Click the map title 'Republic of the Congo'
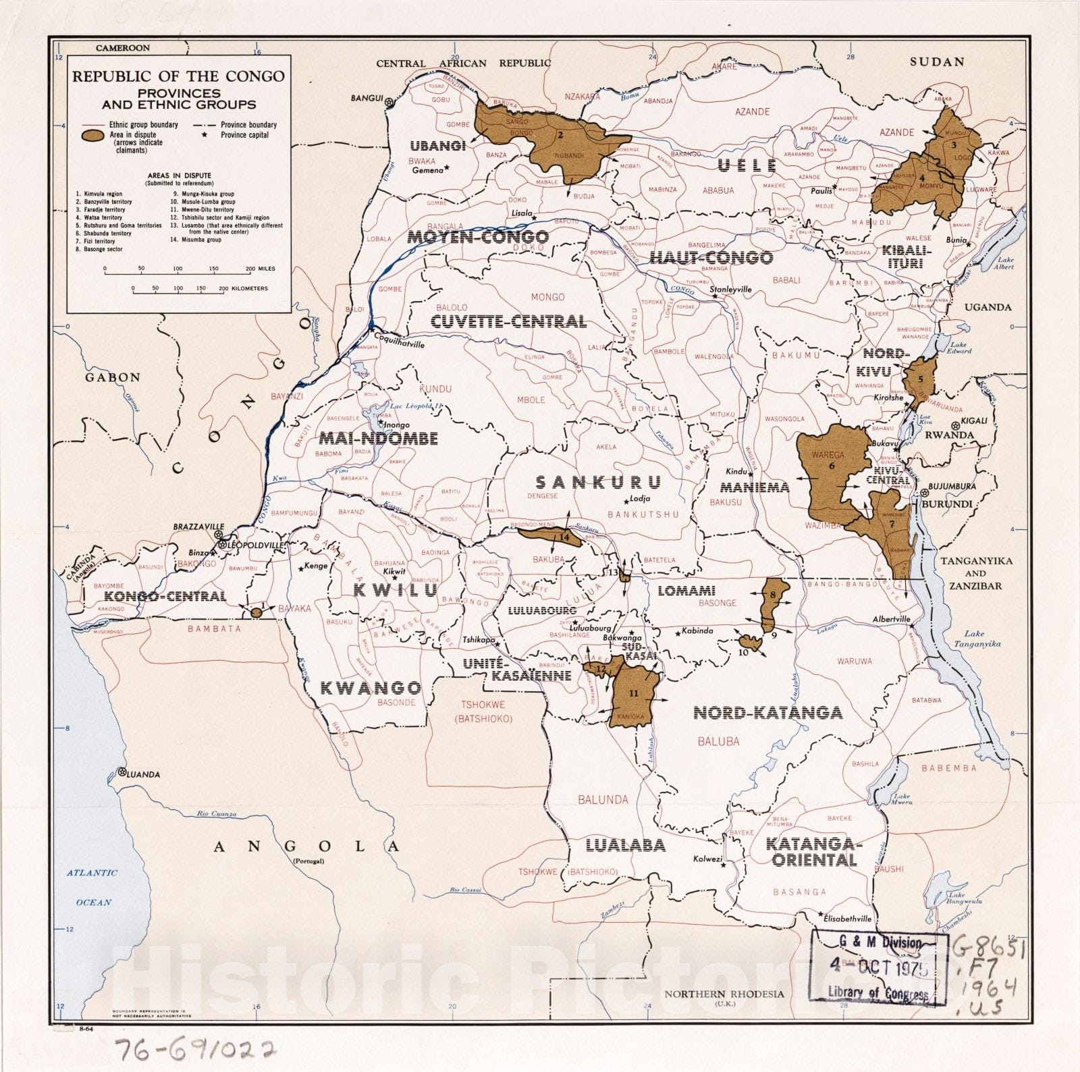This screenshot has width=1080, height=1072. point(178,76)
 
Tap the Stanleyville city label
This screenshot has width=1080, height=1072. point(730,290)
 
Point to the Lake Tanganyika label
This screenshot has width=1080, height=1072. point(982,639)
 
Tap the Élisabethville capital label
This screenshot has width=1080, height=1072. point(846,918)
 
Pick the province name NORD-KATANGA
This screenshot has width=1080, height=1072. point(767,712)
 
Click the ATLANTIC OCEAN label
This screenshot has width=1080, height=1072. point(92,887)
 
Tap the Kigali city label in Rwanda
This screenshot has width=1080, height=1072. point(975,421)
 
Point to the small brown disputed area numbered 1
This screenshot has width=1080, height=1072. point(256,612)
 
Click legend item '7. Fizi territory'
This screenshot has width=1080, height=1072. point(95,241)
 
